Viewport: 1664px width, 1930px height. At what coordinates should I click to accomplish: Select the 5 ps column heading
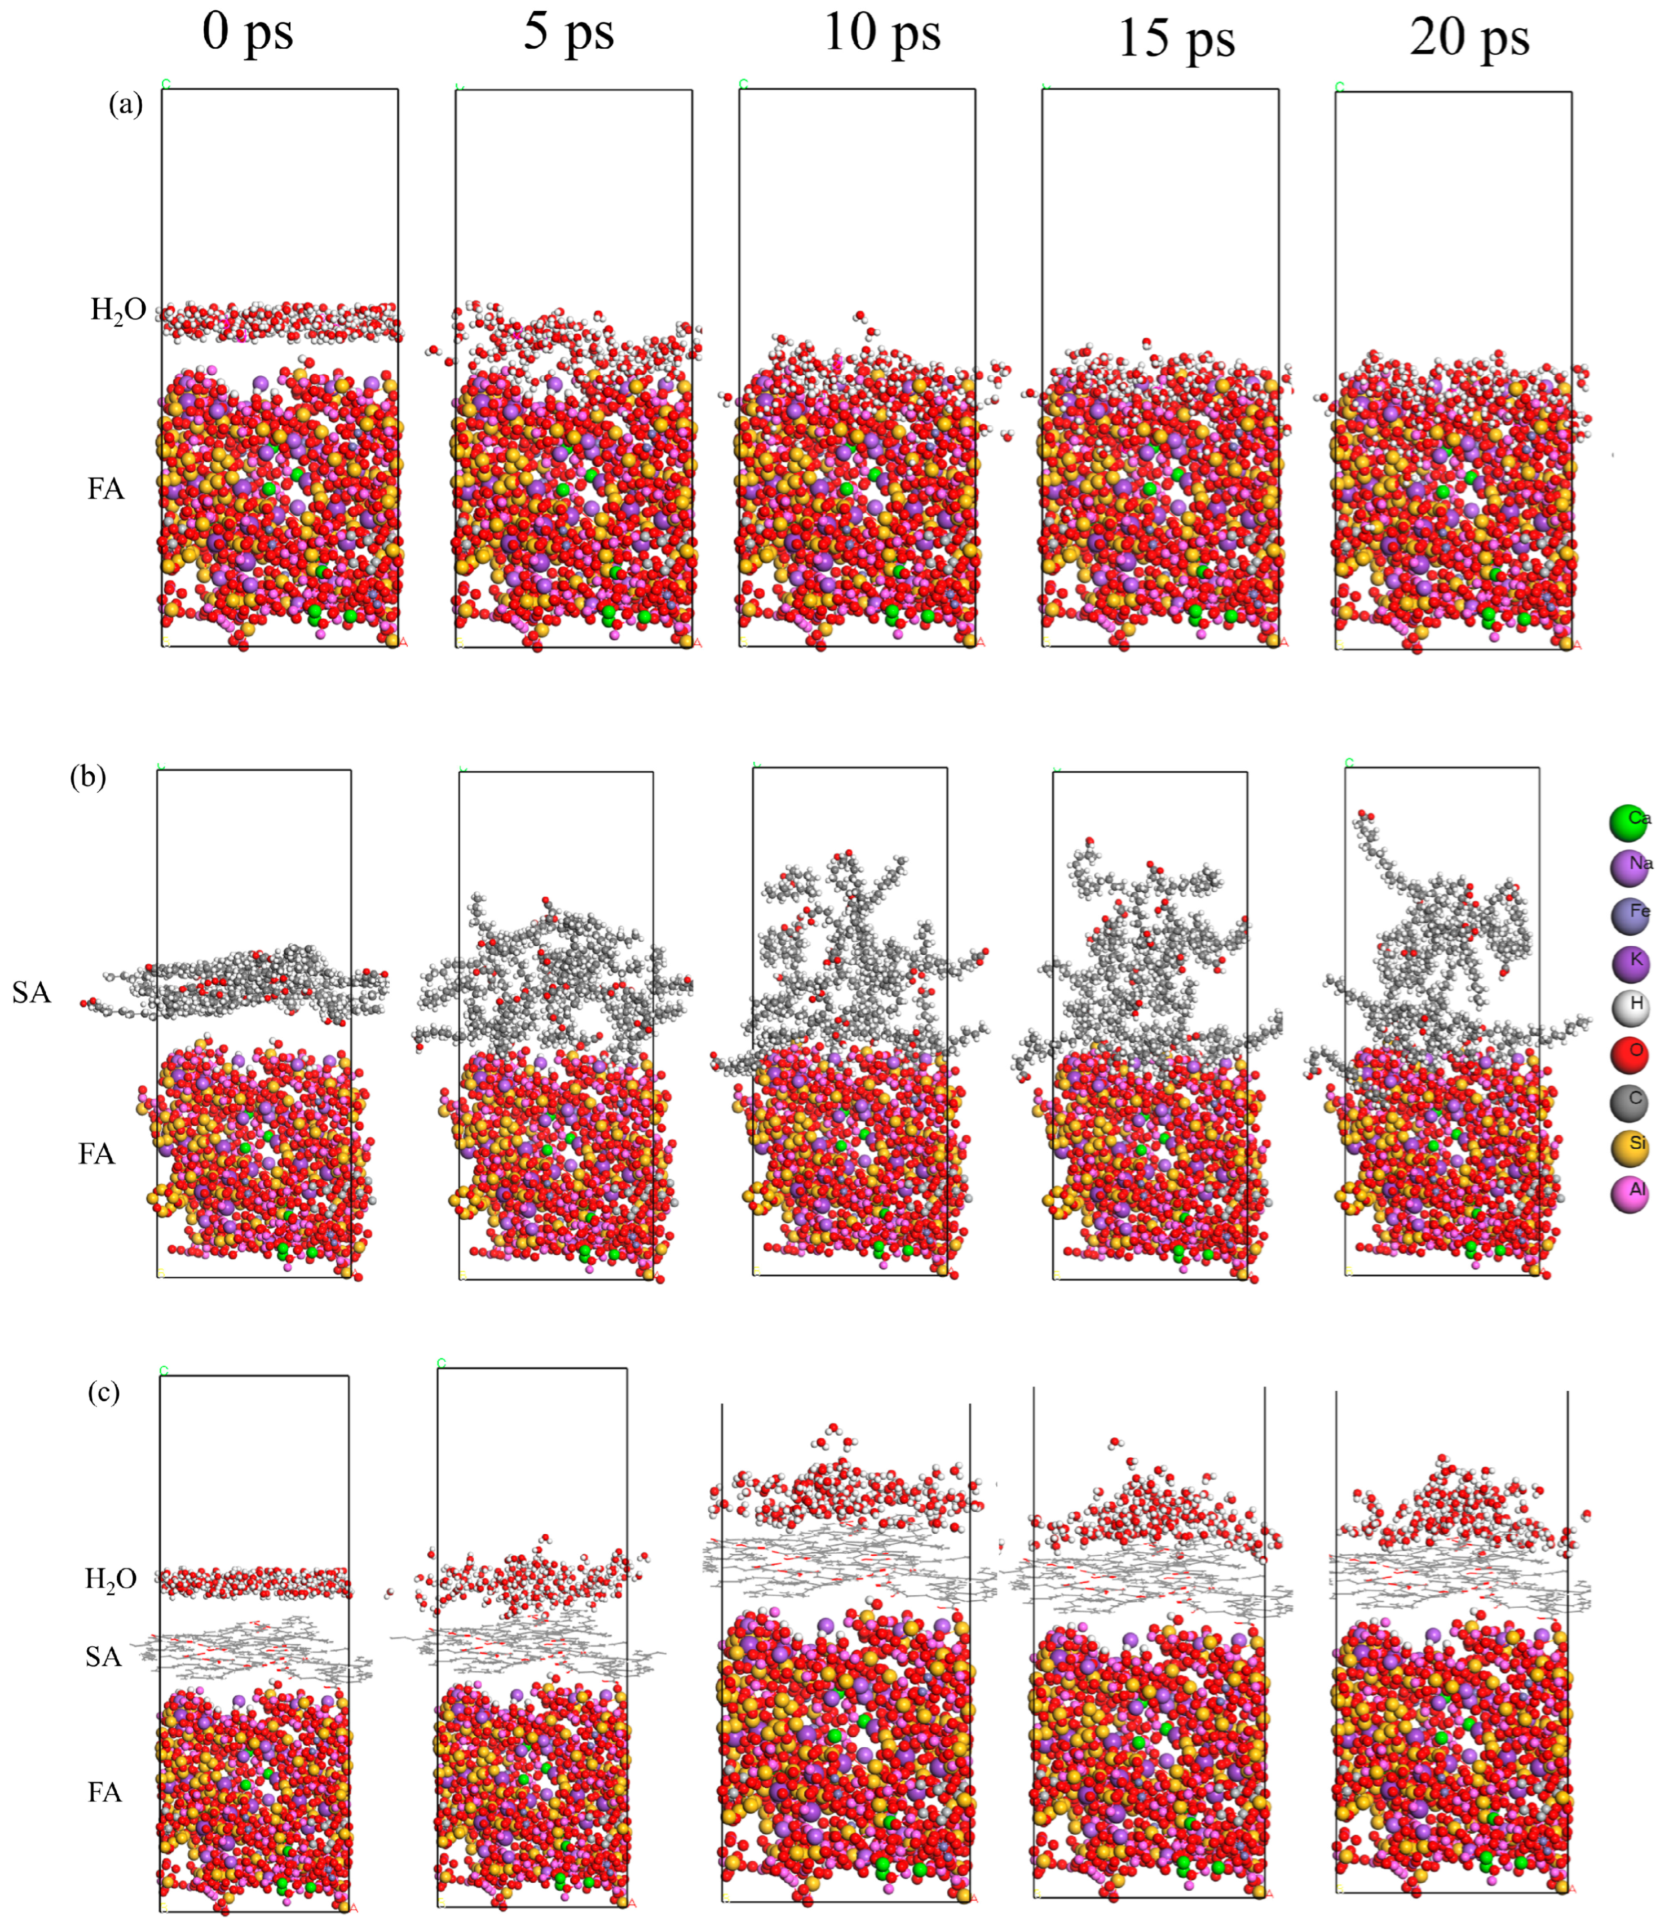click(568, 33)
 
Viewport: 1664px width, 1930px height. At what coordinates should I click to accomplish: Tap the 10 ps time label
click(881, 33)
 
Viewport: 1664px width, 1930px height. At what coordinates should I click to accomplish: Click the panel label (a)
click(126, 104)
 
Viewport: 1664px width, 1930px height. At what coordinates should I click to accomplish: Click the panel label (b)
click(87, 776)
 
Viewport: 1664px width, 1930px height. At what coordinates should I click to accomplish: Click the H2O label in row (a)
click(118, 310)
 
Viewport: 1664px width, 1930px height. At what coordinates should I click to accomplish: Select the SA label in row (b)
click(31, 993)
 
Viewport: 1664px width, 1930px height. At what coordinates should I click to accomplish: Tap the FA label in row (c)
click(104, 1792)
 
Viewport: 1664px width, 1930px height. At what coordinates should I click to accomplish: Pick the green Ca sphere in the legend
click(1628, 822)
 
